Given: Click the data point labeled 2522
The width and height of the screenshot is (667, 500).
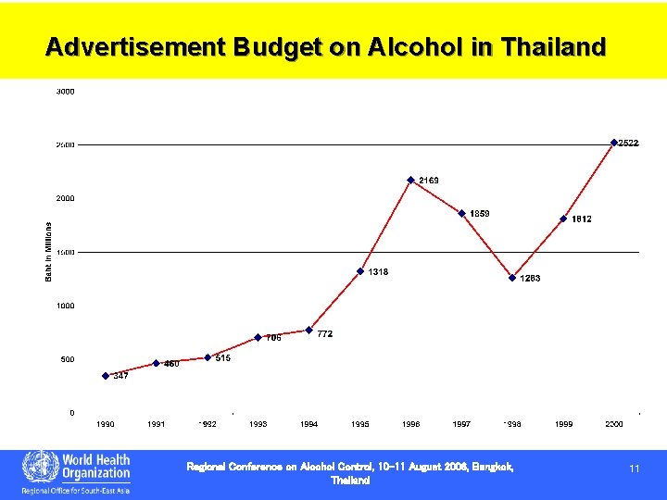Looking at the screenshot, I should pyautogui.click(x=614, y=143).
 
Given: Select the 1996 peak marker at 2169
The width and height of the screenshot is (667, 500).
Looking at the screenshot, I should pyautogui.click(x=410, y=180).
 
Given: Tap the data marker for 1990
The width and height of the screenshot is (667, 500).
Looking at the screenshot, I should pyautogui.click(x=106, y=376).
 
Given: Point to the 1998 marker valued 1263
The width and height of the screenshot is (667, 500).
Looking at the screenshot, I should pyautogui.click(x=512, y=277).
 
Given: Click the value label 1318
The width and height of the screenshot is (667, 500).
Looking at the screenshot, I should pyautogui.click(x=378, y=272).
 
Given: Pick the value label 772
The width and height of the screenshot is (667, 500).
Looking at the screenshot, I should pyautogui.click(x=324, y=333).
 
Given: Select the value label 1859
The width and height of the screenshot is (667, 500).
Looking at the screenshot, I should pyautogui.click(x=480, y=214).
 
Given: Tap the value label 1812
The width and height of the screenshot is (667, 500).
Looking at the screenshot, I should pyautogui.click(x=582, y=219).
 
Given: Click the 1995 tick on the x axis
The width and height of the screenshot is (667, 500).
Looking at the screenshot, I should pyautogui.click(x=360, y=424).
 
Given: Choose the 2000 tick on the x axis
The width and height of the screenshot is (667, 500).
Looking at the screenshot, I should pyautogui.click(x=614, y=424).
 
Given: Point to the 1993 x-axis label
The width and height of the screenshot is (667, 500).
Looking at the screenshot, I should pyautogui.click(x=258, y=424).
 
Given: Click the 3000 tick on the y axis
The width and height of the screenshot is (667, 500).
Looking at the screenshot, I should pyautogui.click(x=66, y=92).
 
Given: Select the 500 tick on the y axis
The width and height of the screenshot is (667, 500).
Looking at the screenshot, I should pyautogui.click(x=68, y=359).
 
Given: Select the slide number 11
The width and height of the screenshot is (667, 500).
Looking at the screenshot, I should pyautogui.click(x=635, y=469).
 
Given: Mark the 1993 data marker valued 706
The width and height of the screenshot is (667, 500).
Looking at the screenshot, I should pyautogui.click(x=258, y=337).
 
